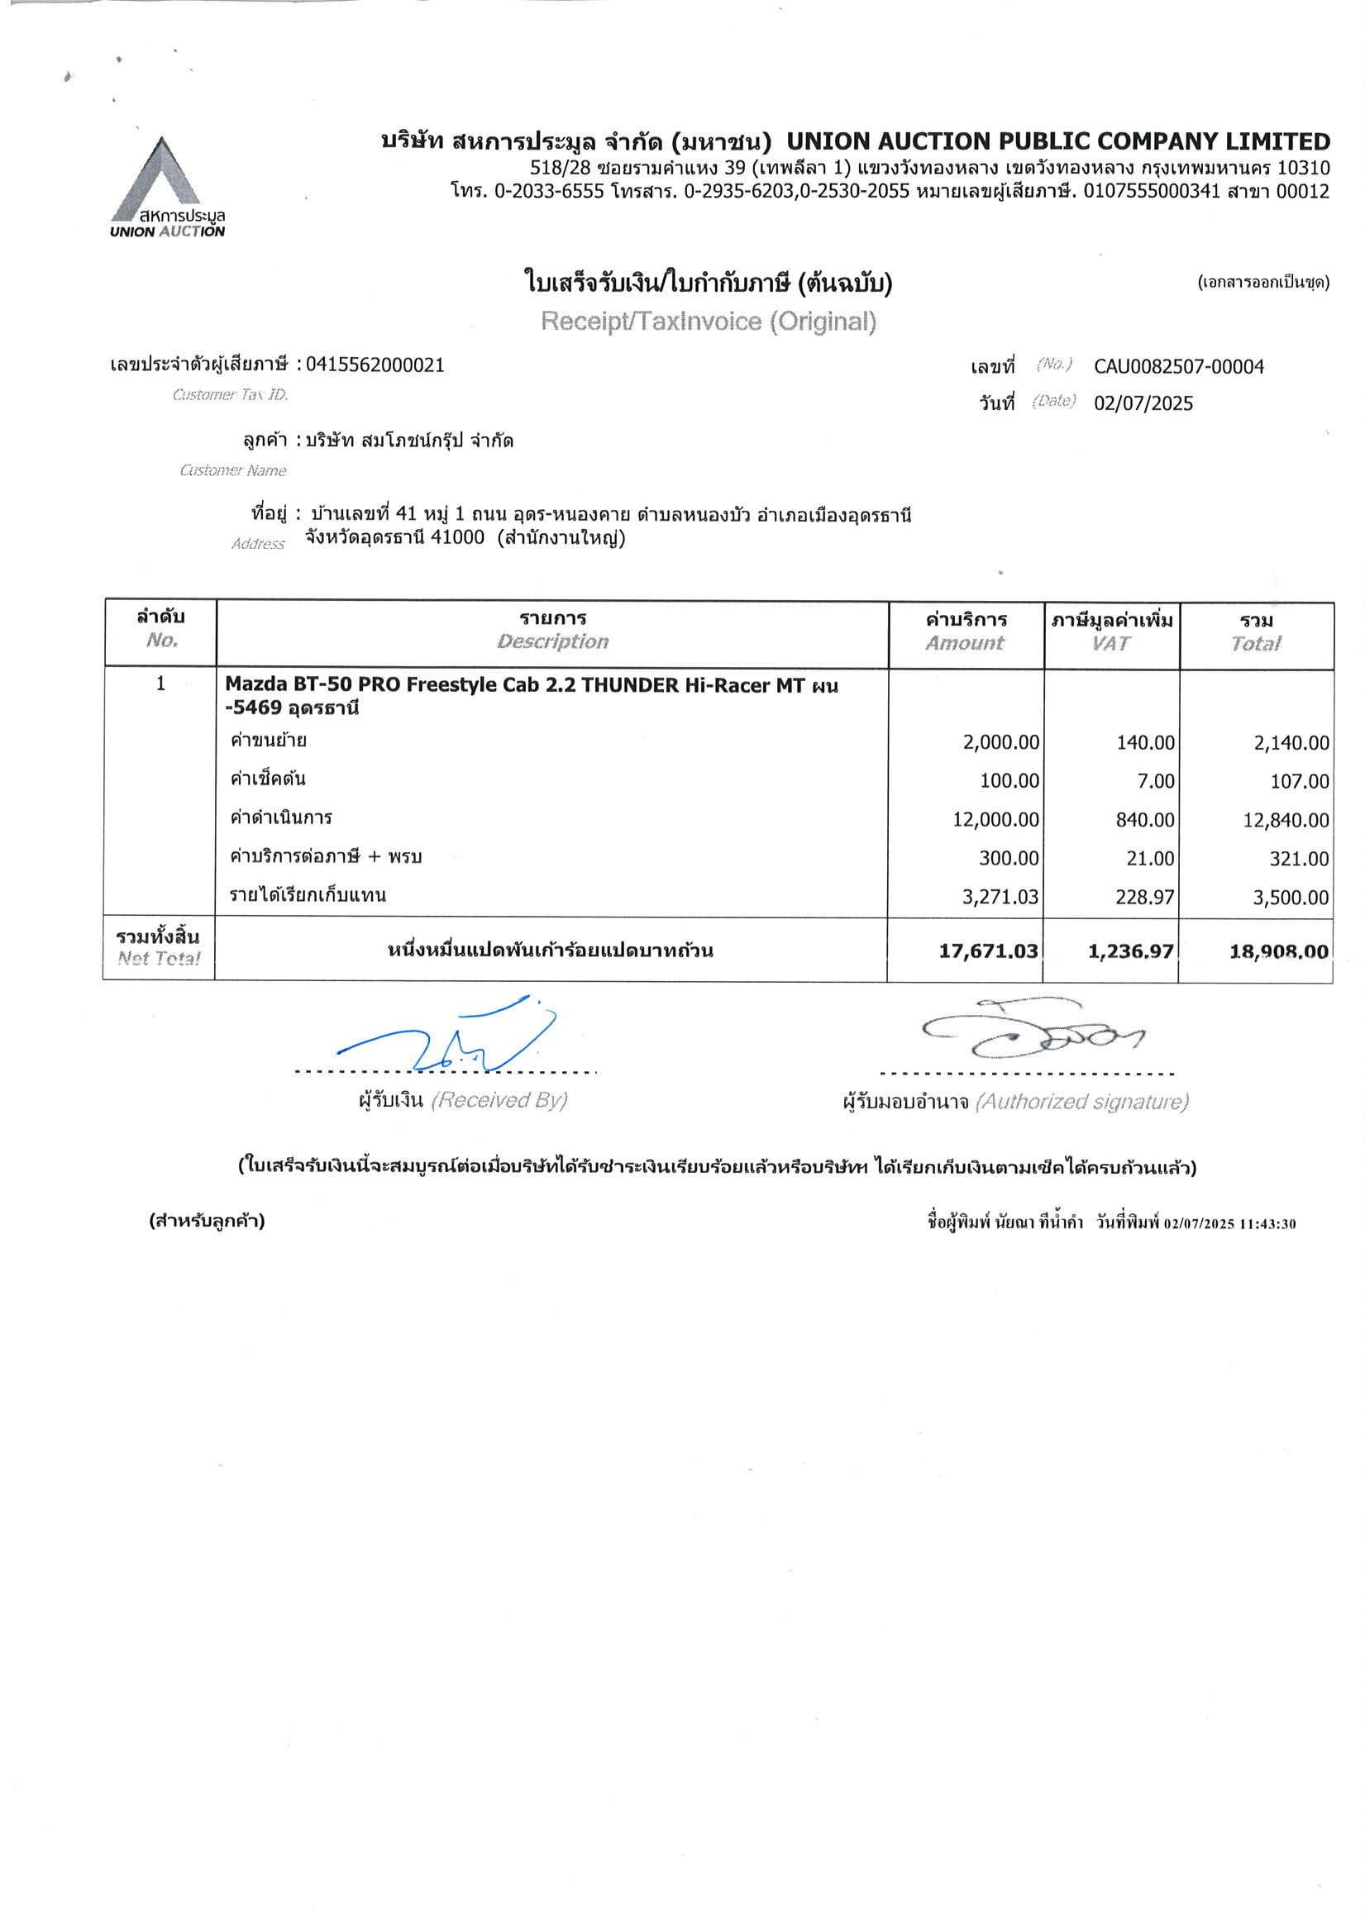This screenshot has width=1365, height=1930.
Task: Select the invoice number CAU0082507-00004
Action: tap(1177, 366)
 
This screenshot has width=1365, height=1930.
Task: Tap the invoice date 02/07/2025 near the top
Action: tap(1143, 403)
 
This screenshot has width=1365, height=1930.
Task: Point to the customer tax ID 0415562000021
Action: tap(375, 365)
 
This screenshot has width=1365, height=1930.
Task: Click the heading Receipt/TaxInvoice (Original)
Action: tap(709, 321)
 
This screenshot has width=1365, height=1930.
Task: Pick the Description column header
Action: tap(552, 641)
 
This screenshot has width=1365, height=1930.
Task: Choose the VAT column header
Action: tap(1111, 643)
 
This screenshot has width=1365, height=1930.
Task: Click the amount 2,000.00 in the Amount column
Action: tap(1001, 743)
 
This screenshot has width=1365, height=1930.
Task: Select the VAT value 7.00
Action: tap(1156, 782)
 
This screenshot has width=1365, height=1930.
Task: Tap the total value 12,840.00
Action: tap(1286, 821)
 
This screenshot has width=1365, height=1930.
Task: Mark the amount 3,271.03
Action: tap(1000, 897)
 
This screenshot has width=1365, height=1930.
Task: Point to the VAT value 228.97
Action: tap(1144, 897)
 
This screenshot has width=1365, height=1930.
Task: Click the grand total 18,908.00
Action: tap(1278, 951)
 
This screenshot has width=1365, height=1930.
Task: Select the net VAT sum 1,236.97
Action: tap(1130, 951)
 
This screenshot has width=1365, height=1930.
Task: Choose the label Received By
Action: tap(499, 1100)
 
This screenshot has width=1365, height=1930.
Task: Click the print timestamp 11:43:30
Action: tap(1267, 1224)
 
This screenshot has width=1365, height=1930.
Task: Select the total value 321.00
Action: tap(1300, 859)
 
